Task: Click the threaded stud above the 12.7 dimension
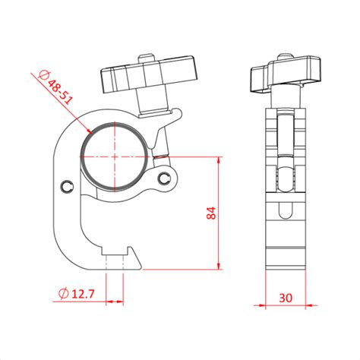[115, 263]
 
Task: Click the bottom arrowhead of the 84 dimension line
[219, 268]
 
